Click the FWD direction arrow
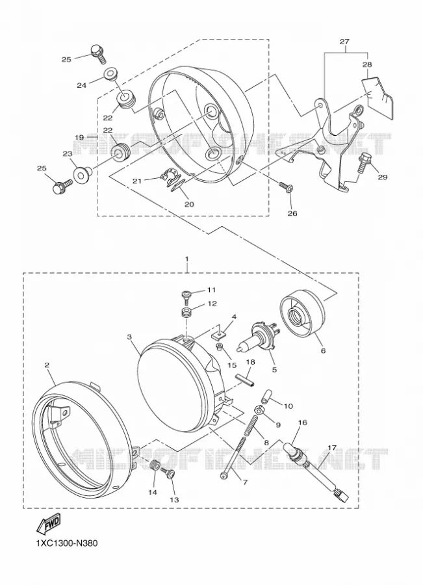pos(47,523)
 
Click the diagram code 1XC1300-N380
pos(67,543)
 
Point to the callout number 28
pos(367,64)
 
